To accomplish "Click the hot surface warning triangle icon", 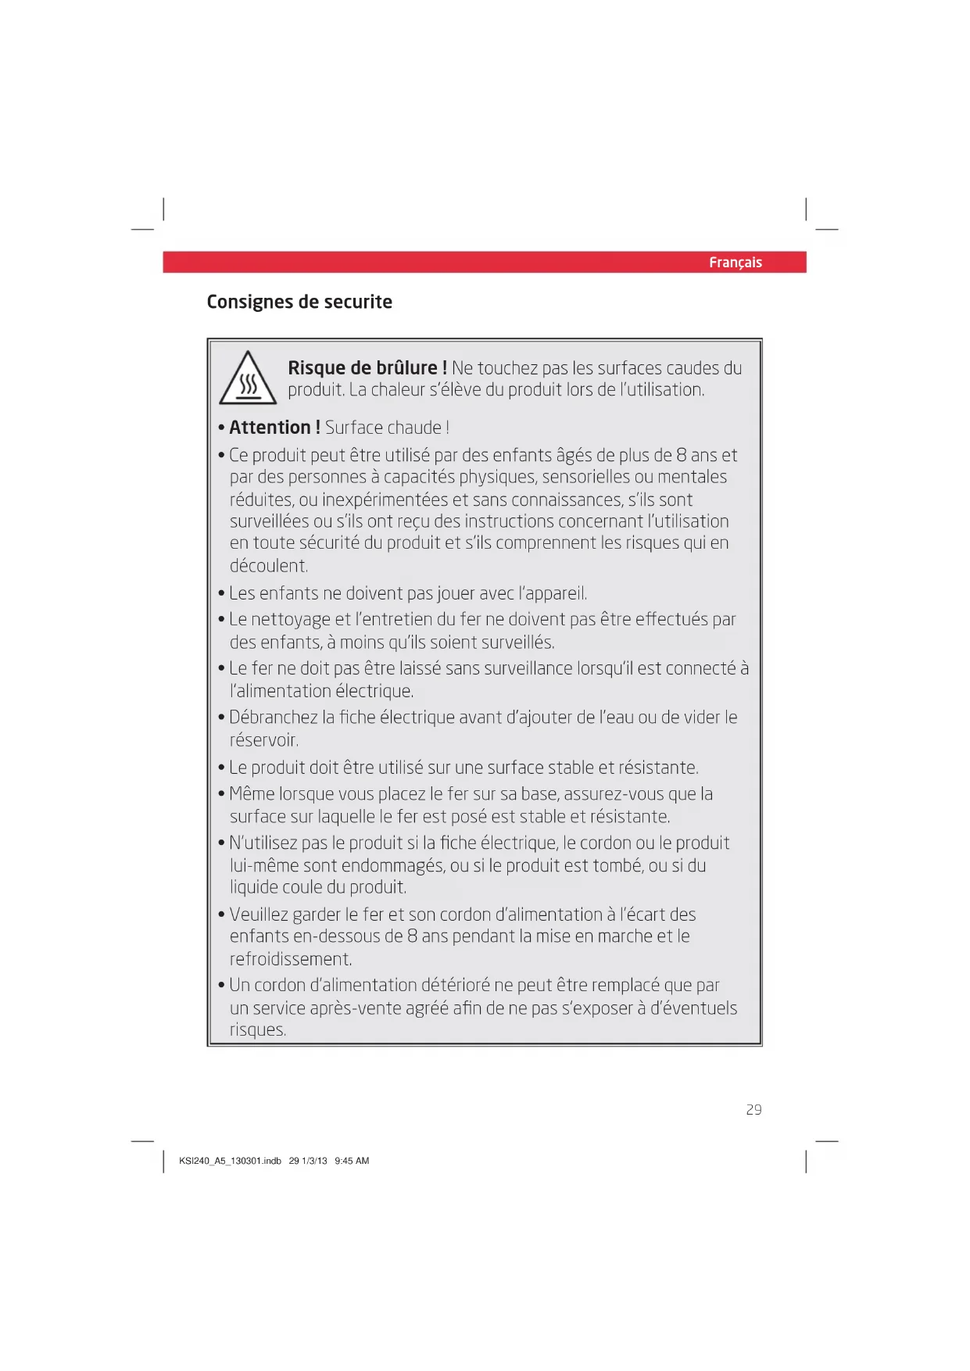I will pyautogui.click(x=248, y=380).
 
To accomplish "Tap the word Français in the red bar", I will pyautogui.click(x=735, y=263).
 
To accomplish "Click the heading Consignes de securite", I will pyautogui.click(x=299, y=302).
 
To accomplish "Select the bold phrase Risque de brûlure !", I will pyautogui.click(x=367, y=368).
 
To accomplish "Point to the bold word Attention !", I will pyautogui.click(x=274, y=428).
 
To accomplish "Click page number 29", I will pyautogui.click(x=753, y=1110).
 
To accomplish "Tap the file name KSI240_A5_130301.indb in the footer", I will pyautogui.click(x=230, y=1161).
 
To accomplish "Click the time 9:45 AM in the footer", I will pyautogui.click(x=352, y=1161).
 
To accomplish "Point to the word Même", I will pyautogui.click(x=252, y=794).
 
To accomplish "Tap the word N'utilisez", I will pyautogui.click(x=263, y=843).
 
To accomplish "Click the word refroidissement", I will pyautogui.click(x=291, y=959).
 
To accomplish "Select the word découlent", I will pyautogui.click(x=269, y=566).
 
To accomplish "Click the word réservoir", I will pyautogui.click(x=264, y=740).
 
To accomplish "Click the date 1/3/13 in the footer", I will pyautogui.click(x=314, y=1161).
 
